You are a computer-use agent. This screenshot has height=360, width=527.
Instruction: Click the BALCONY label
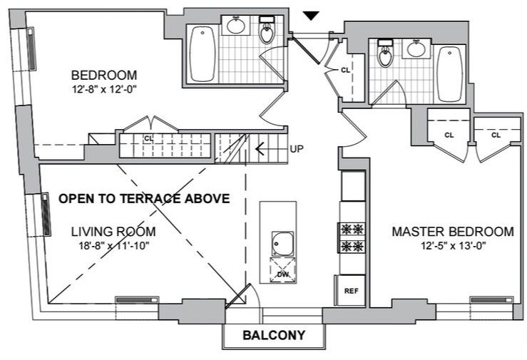click(274, 335)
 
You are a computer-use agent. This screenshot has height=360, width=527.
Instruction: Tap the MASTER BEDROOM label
click(452, 232)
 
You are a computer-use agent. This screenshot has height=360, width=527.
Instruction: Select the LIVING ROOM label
click(114, 232)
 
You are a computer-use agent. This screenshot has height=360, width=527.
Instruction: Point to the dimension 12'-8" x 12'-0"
click(104, 90)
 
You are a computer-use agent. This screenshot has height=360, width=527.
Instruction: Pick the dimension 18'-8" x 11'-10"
click(114, 246)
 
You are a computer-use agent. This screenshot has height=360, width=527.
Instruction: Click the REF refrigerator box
click(351, 291)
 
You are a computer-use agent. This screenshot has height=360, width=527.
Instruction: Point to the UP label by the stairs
click(297, 150)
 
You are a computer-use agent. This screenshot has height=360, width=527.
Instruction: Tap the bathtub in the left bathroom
click(202, 53)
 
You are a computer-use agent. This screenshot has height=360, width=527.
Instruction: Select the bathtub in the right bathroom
click(449, 74)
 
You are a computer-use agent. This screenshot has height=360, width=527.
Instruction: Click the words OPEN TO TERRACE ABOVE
click(144, 199)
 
